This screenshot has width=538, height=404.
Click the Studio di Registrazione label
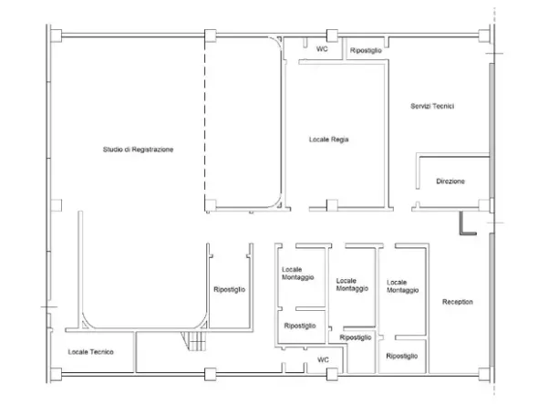coord(138,150)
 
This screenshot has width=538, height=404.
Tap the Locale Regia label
coord(328,140)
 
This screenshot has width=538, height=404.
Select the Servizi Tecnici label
coord(432,106)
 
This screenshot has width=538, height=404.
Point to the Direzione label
coord(450,181)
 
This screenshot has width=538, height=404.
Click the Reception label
coord(458,302)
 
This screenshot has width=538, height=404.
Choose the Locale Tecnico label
coord(90,352)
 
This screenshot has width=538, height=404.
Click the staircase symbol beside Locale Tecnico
coord(194,341)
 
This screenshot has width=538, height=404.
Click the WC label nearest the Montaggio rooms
coord(323,359)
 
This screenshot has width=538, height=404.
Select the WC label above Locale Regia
coord(322,49)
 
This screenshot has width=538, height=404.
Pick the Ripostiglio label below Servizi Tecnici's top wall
coord(366,50)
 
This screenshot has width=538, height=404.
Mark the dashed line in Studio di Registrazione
coord(205,122)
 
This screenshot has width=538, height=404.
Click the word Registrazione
coord(152,150)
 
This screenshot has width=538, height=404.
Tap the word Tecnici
coord(443,106)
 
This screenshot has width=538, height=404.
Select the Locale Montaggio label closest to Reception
coord(402,286)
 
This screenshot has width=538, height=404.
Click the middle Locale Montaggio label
coord(352,285)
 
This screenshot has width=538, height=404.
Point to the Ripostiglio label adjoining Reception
coord(402,356)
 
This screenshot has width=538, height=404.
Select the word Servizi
coord(420,106)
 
